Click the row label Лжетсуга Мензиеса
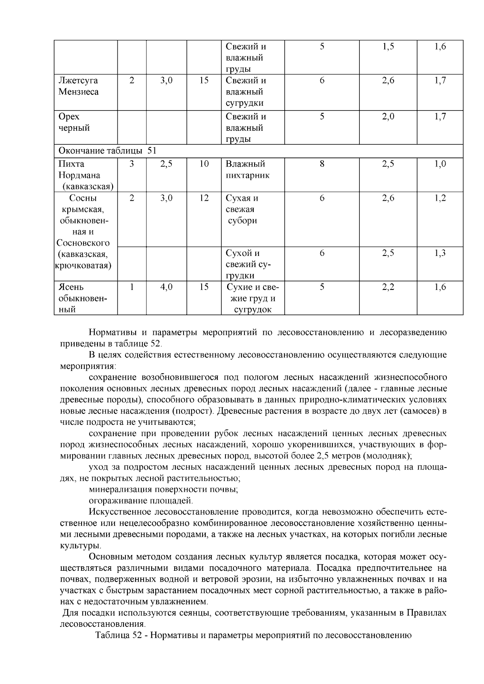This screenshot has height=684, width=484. pos(79,86)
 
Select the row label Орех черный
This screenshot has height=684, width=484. pos(74,122)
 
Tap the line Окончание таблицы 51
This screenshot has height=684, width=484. pos(107,151)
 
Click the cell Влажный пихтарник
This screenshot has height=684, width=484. pos(247,170)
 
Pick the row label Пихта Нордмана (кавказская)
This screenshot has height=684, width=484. pos(86,175)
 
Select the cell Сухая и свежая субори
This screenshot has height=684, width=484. pos(242,209)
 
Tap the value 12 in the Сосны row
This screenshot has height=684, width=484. pos(204,198)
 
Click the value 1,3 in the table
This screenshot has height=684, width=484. pos(440,253)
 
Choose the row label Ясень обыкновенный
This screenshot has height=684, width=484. pos(82,298)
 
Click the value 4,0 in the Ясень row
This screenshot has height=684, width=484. pos(166,287)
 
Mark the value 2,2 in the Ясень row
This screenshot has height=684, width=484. pos(388,287)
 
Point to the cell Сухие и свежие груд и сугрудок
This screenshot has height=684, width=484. pos(252,298)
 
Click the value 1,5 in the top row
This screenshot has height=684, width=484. pos(388,47)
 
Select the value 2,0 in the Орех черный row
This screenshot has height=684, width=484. pos(388,117)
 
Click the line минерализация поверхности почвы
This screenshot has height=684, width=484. pos(163,489)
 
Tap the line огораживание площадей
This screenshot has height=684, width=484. pos(141,501)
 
